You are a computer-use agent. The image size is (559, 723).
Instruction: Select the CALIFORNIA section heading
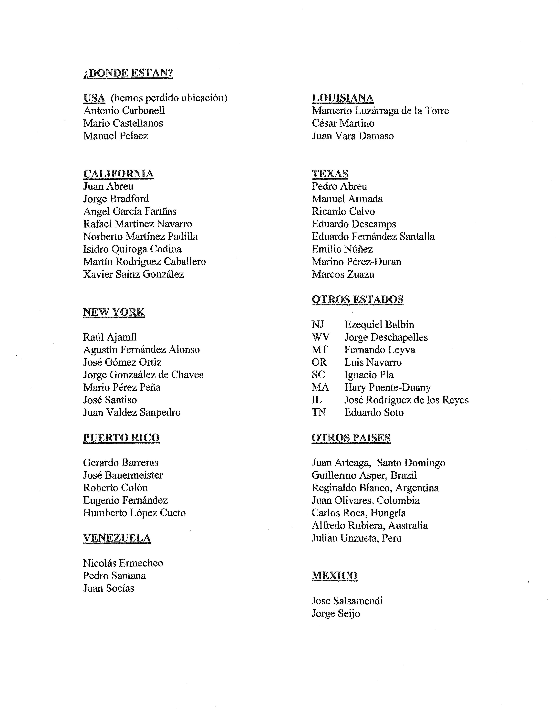(118, 174)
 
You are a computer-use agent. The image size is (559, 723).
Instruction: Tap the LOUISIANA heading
(342, 98)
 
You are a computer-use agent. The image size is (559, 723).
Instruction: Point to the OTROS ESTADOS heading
(357, 299)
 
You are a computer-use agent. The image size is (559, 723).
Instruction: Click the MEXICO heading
(334, 576)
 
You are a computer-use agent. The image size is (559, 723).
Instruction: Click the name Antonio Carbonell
(124, 111)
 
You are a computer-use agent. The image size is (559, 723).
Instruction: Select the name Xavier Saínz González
(133, 274)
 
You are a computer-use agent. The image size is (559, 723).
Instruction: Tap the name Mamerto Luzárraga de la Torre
(380, 111)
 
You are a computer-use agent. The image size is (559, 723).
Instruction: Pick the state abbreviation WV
(320, 337)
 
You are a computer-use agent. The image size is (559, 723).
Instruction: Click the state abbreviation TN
(319, 413)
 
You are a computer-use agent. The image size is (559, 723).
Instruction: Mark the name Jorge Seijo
(336, 613)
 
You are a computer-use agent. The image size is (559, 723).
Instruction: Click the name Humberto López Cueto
(134, 513)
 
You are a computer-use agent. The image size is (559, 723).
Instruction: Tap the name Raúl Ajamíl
(110, 337)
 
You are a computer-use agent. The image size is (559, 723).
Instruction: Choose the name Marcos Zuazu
(343, 274)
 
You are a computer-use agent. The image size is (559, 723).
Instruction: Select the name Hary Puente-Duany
(387, 387)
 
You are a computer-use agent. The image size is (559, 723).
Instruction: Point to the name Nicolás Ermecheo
(123, 563)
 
